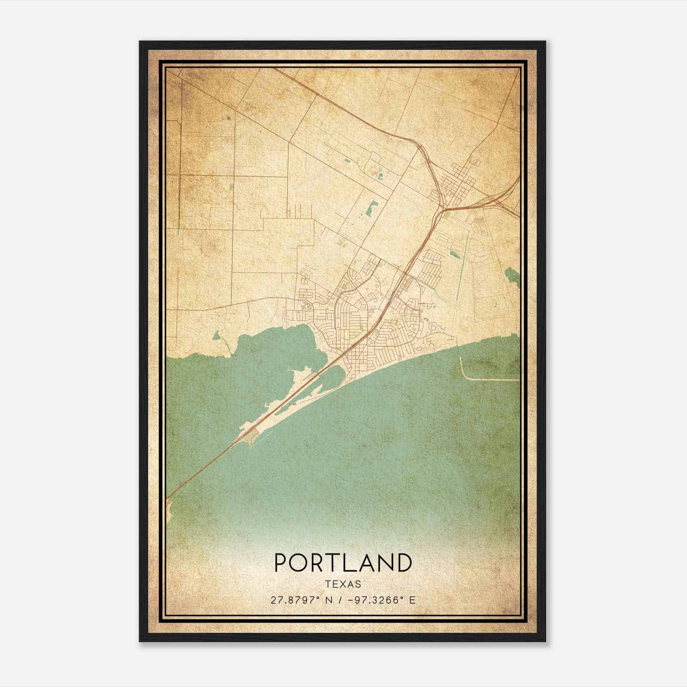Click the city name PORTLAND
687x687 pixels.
tap(343, 563)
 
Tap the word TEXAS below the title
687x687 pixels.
tap(343, 584)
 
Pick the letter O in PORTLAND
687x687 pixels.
tap(301, 563)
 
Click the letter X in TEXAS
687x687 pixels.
tap(343, 584)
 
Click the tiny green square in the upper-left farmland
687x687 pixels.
tap(228, 117)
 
